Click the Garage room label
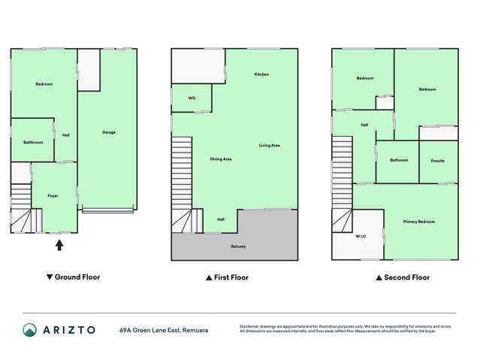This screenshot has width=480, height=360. click(109, 132)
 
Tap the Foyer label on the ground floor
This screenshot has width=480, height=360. click(53, 195)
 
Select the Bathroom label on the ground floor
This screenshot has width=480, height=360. click(33, 142)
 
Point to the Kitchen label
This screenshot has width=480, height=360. click(261, 74)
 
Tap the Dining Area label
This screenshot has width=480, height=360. click(220, 159)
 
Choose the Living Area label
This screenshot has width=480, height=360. click(270, 145)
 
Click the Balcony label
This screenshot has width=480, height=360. click(238, 247)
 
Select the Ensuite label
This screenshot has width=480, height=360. click(438, 160)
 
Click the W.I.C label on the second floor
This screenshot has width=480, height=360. click(360, 236)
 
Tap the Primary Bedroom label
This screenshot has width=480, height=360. click(418, 222)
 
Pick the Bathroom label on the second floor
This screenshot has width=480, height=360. click(399, 160)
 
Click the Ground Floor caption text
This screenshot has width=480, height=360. click(77, 277)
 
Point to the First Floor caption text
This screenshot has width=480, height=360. click(231, 277)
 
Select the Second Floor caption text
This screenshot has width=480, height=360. click(406, 277)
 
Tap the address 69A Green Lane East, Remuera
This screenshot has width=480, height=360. click(163, 330)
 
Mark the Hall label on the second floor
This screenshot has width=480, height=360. click(364, 125)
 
